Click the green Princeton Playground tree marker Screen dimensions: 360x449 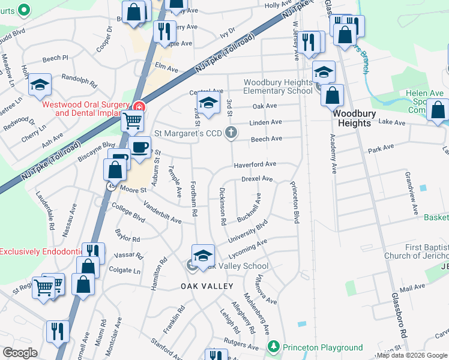pyautogui.click(x=274, y=347)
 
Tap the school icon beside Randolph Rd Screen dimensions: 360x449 pyautogui.click(x=40, y=86)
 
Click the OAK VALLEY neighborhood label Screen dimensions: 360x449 pyautogui.click(x=207, y=286)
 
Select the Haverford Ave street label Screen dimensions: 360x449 pyautogui.click(x=255, y=164)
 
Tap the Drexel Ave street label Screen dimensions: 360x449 pyautogui.click(x=257, y=179)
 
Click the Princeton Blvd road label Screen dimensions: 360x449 pyautogui.click(x=295, y=203)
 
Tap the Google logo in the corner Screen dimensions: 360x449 pyautogui.click(x=20, y=352)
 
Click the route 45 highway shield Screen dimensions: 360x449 pyautogui.click(x=112, y=187)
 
